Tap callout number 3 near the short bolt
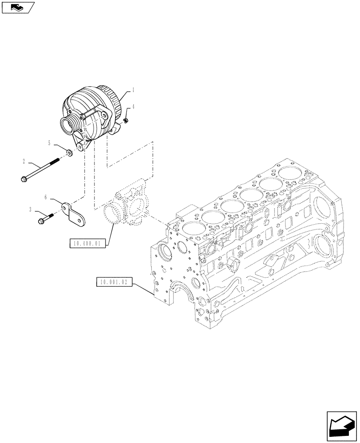point(30,210)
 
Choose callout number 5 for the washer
point(49,143)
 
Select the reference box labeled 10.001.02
point(114,282)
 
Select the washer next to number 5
point(70,153)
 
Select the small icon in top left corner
point(17,7)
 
